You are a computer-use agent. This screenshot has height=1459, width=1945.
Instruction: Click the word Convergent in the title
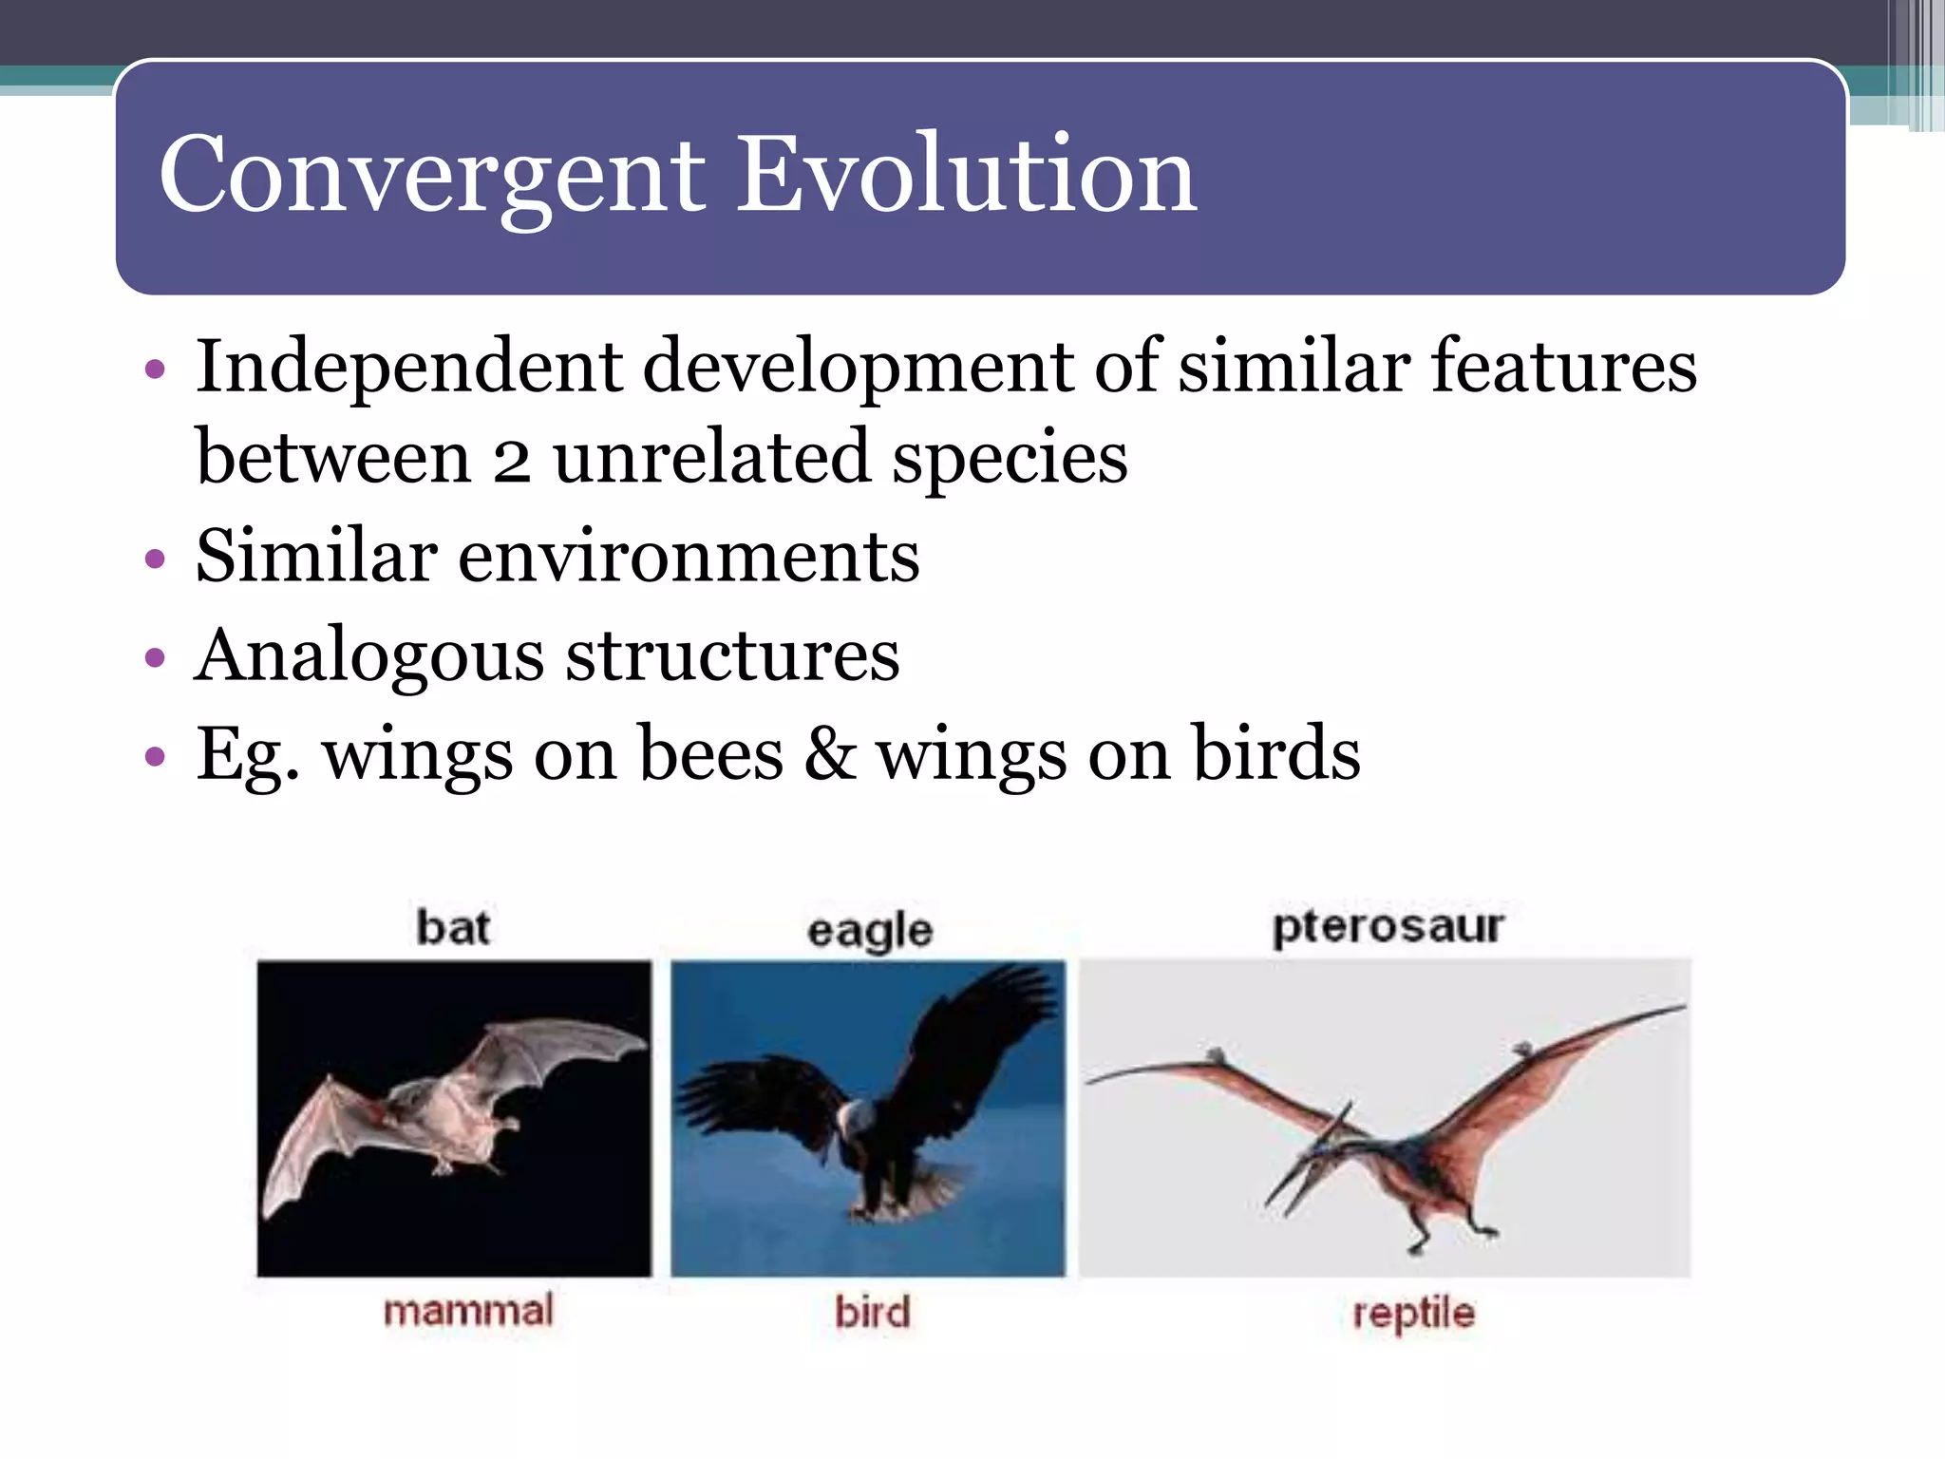point(432,176)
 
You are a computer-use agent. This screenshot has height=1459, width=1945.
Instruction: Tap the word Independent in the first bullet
point(408,368)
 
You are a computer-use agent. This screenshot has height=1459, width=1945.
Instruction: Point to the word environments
point(689,558)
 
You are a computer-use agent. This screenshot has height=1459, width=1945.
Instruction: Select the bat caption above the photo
point(453,928)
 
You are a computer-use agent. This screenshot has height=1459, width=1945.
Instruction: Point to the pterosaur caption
point(1388,926)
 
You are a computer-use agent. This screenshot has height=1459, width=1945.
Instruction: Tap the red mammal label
point(467,1311)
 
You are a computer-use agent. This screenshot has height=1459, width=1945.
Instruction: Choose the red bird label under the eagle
point(872,1313)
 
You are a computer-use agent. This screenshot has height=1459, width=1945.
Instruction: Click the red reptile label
point(1413,1314)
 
